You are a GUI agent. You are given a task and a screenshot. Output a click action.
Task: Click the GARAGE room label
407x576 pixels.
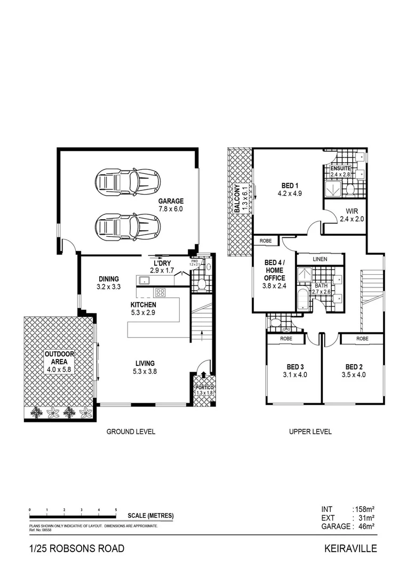(170, 201)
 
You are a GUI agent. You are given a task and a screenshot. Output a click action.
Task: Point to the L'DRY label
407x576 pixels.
(162, 263)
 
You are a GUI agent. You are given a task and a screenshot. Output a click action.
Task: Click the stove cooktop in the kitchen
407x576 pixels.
(160, 292)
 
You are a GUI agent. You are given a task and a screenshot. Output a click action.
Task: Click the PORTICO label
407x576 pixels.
(204, 388)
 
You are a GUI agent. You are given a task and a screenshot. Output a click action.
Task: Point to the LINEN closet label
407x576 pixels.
(320, 259)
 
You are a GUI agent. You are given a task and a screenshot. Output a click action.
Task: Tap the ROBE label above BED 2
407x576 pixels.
(362, 338)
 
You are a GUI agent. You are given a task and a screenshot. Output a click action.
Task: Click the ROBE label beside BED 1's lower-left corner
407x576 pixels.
(266, 241)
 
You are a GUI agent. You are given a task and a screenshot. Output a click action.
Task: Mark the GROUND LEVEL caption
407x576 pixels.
(131, 431)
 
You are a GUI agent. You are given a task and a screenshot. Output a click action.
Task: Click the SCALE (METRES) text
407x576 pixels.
(150, 516)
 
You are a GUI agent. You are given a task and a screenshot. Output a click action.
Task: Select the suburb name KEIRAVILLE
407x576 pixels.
(350, 548)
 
